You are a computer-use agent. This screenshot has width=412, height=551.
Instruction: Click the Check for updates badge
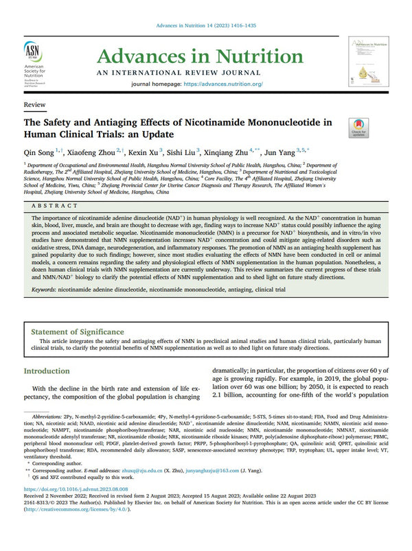pos(358,128)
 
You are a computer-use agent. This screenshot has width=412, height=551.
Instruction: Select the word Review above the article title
pos(35,105)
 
